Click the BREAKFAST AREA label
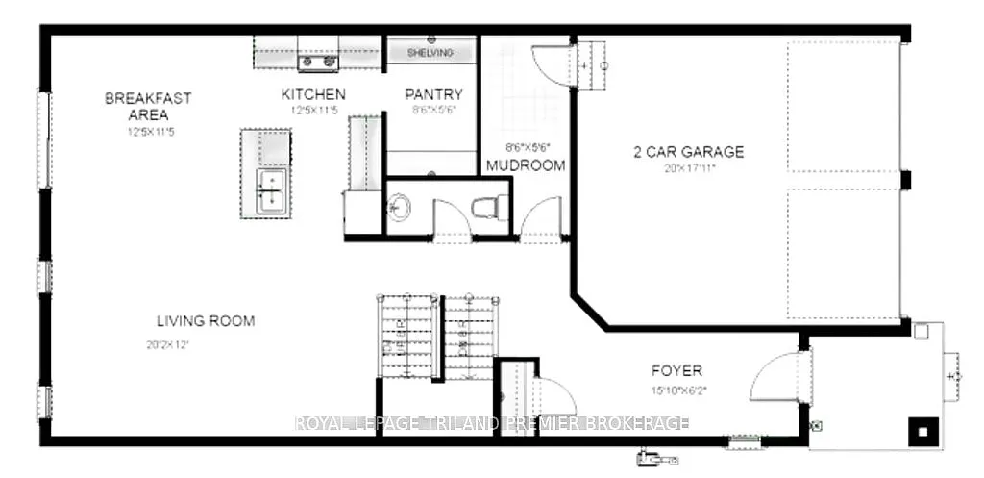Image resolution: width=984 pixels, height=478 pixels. pos(147,106)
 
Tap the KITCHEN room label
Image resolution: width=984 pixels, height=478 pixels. pos(312,95)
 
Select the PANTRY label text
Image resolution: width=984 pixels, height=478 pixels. pos(434,95)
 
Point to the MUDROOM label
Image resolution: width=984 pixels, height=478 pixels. pos(525,165)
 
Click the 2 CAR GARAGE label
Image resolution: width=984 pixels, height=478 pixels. pos(688,152)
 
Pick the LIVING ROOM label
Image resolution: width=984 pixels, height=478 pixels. pos(206,321)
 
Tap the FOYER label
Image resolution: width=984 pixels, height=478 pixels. pos(676,370)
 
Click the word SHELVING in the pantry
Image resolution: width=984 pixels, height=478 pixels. pos(430,53)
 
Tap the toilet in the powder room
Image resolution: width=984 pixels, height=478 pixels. pos(490,205)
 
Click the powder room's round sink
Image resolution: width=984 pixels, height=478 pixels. pos(399,206)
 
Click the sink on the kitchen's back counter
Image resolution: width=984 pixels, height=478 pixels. pos(319,63)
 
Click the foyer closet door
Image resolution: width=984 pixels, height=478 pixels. pos(553,394)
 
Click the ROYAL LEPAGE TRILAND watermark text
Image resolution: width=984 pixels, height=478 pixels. pos(490,423)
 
